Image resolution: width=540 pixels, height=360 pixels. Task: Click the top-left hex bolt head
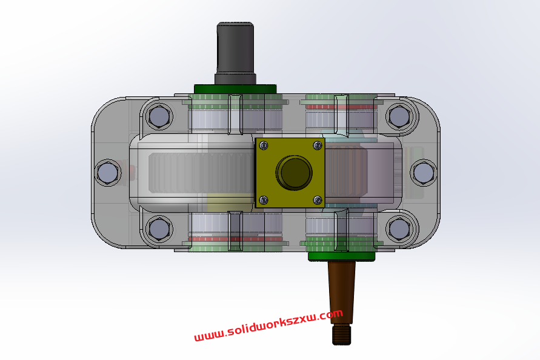[159, 116]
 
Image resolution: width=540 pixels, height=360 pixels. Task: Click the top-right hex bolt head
[398, 116]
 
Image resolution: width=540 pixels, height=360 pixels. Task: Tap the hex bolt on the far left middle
[108, 173]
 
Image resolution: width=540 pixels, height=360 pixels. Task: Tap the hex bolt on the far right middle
[422, 173]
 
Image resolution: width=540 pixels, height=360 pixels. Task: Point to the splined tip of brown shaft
[342, 334]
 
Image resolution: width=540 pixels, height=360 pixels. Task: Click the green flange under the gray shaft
[235, 88]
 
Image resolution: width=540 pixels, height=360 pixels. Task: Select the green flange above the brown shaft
[342, 256]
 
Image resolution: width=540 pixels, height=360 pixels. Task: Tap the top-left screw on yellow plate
[263, 145]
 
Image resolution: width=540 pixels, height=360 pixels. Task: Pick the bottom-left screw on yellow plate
[263, 200]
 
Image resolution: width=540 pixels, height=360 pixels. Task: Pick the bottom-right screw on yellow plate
[317, 200]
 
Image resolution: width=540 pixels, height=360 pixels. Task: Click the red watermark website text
[268, 325]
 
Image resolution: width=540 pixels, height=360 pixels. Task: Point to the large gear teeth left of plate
[200, 173]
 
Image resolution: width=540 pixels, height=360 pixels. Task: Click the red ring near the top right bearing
[342, 107]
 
